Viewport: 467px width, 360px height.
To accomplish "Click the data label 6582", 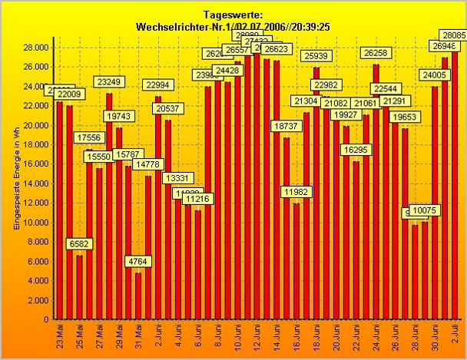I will [x=78, y=243].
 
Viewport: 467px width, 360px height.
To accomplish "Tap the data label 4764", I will [x=138, y=261].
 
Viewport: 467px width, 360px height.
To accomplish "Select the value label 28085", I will [x=452, y=35].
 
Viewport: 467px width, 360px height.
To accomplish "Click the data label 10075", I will [x=425, y=210].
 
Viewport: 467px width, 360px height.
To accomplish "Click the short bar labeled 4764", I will [x=138, y=296].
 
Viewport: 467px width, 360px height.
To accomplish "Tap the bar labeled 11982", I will [x=296, y=261].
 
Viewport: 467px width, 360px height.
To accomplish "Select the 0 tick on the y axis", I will [x=45, y=319].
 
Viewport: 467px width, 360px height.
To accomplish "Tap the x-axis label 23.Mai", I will [x=60, y=335].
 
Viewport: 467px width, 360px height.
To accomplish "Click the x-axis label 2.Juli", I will [x=455, y=335].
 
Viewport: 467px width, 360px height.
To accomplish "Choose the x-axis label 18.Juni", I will [x=316, y=337].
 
